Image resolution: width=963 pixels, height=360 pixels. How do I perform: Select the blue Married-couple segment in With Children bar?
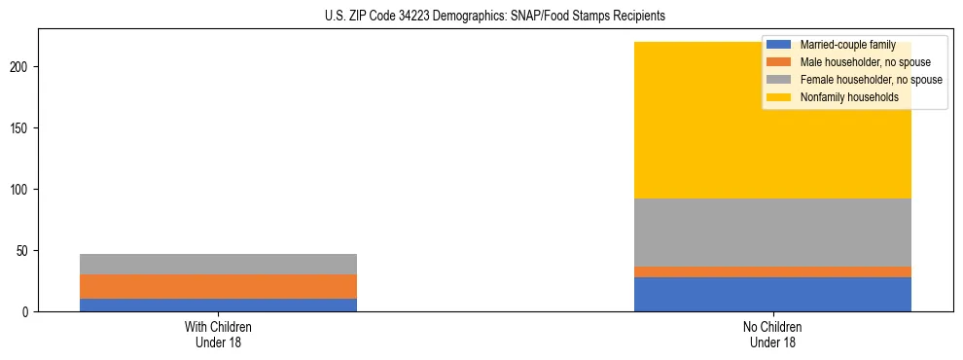(218, 305)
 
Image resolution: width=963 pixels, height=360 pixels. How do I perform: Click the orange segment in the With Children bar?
(218, 286)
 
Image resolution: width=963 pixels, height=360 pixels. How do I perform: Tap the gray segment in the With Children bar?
(218, 264)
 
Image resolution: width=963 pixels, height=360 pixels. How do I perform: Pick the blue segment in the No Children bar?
(772, 294)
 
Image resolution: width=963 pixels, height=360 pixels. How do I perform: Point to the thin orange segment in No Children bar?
(772, 271)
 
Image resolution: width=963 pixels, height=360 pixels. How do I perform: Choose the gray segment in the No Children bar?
(772, 233)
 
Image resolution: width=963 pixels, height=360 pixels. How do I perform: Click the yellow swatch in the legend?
(779, 97)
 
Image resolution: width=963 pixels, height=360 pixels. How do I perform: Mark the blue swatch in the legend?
(779, 45)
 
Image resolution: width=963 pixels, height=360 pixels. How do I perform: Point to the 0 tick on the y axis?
(26, 311)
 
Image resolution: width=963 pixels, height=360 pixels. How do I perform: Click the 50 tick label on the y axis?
(23, 250)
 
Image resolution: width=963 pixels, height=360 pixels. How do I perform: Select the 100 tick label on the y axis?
(20, 189)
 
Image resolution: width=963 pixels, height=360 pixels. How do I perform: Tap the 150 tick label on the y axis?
(20, 127)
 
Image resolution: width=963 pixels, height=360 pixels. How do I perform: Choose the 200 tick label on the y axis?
(20, 66)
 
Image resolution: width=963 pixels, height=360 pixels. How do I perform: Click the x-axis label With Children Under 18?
(218, 334)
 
